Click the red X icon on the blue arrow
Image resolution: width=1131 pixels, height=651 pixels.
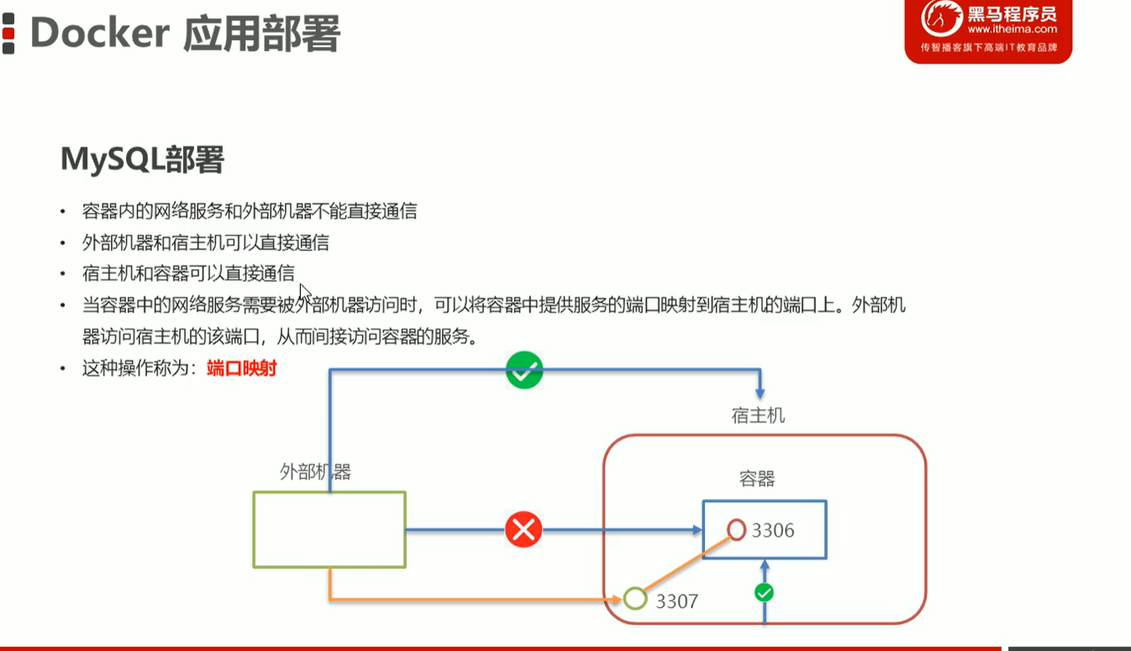[x=523, y=530]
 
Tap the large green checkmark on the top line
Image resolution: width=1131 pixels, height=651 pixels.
[x=524, y=370]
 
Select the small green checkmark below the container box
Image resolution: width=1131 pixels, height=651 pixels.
[x=764, y=593]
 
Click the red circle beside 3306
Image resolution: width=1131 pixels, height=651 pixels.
[x=737, y=530]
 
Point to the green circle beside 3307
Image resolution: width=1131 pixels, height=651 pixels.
[x=635, y=599]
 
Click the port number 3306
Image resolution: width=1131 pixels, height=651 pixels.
[x=773, y=531]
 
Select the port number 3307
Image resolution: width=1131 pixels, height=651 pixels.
[x=676, y=601]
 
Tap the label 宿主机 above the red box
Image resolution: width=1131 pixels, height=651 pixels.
[x=758, y=416]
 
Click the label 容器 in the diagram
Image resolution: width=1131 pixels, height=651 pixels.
[x=757, y=479]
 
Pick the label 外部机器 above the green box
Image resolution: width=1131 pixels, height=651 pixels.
[x=315, y=472]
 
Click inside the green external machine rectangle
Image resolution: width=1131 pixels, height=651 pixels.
[x=329, y=530]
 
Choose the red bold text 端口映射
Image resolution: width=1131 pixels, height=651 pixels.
[x=242, y=368]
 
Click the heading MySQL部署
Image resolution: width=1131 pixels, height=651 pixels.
[x=142, y=159]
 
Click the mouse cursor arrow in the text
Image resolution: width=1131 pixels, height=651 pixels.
[x=304, y=291]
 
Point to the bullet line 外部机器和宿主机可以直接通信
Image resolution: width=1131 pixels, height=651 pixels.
[x=206, y=243]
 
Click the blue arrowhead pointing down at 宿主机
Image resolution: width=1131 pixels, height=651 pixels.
[x=760, y=392]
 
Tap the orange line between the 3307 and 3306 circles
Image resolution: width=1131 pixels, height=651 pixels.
[x=686, y=565]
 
